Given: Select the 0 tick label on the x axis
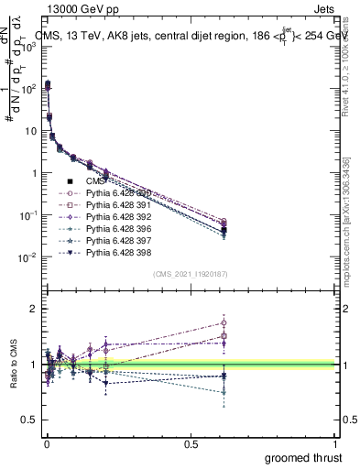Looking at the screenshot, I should point(46,443).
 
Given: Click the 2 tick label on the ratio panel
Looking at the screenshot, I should point(30,309).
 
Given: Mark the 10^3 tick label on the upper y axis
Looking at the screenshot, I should point(27,46).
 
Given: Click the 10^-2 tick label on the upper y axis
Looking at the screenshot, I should point(27,257).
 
